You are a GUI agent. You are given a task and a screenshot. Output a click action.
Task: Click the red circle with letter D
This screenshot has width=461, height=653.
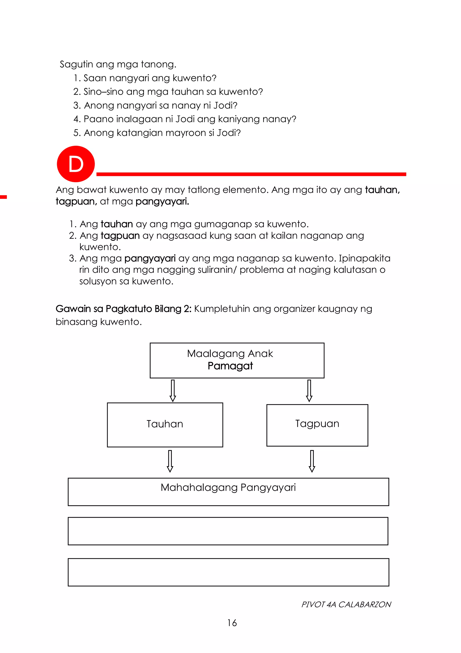76,164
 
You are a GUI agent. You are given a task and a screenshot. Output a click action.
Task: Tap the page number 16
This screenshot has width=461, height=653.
232,623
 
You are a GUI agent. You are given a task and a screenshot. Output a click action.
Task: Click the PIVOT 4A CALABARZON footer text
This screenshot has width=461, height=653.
346,604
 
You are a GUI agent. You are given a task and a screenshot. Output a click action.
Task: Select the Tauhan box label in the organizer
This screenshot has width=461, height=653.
165,424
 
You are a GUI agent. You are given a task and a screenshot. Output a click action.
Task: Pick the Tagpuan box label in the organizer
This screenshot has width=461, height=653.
317,424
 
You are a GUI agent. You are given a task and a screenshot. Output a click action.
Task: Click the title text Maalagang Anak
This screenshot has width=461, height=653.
230,353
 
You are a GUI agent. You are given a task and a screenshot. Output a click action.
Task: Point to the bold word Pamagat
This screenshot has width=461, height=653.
230,366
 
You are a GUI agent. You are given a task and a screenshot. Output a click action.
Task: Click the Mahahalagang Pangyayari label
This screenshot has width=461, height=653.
228,488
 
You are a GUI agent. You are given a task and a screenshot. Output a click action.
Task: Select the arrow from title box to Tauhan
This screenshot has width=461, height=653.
173,390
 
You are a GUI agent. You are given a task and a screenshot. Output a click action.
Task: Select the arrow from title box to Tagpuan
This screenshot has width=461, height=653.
309,390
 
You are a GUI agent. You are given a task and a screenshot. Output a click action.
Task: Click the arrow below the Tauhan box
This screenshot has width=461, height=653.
170,461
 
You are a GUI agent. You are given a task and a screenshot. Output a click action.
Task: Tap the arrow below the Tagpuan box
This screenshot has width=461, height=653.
312,461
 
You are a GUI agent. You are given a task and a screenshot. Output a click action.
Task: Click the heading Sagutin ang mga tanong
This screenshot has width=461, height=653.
118,64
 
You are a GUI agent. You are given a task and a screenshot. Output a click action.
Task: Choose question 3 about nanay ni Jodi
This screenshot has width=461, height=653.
155,105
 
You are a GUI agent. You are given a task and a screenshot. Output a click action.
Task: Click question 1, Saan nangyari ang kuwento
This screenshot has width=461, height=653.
145,78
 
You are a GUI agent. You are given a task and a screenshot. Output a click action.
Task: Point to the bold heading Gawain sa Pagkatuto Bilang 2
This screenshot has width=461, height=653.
124,309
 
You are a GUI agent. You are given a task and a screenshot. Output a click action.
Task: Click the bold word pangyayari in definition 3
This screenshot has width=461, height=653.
150,258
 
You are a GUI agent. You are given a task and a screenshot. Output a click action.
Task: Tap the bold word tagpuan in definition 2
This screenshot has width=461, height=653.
120,236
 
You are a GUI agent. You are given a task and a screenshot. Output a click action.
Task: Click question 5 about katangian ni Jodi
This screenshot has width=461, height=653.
157,133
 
